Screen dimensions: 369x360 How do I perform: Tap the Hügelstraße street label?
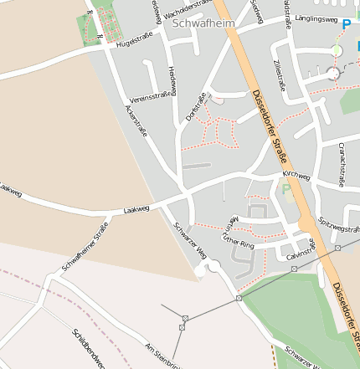click(x=136, y=41)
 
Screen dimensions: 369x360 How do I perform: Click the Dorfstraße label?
click(x=196, y=107)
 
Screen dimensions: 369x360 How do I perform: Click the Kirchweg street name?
click(x=296, y=177)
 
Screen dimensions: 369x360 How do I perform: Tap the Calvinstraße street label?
click(x=299, y=250)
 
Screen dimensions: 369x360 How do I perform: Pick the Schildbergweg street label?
click(x=89, y=348)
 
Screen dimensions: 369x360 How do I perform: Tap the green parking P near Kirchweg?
click(x=287, y=189)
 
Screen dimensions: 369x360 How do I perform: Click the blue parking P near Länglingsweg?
click(x=347, y=25)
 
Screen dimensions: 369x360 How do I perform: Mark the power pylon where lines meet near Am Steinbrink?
click(x=184, y=318)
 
